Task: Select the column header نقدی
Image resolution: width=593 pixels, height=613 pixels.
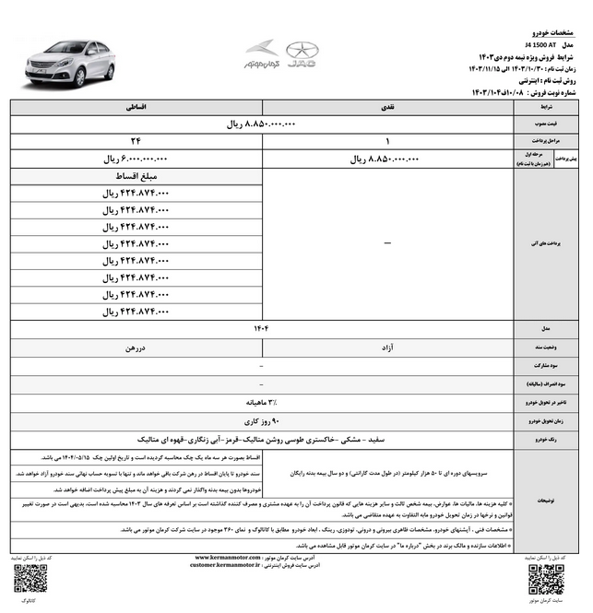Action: (x=388, y=108)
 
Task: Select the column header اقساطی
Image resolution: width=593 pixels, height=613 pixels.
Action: (x=136, y=108)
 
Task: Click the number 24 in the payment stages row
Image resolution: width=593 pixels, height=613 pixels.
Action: (x=136, y=141)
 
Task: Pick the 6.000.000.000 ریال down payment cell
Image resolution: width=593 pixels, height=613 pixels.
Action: (x=136, y=159)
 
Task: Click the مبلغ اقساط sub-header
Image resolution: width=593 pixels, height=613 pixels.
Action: (x=136, y=175)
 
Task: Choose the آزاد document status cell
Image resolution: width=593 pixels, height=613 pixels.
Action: (x=388, y=348)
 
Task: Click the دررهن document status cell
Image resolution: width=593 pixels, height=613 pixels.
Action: (x=136, y=348)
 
